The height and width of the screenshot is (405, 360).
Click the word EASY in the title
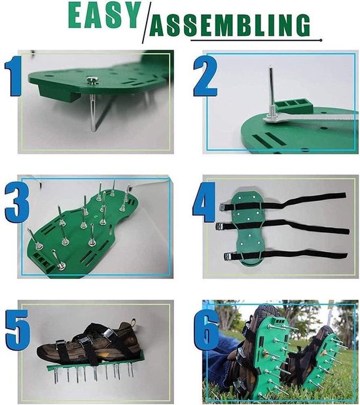[105, 15]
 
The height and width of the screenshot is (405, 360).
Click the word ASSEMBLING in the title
[230, 25]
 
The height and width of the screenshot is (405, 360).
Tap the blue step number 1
[13, 76]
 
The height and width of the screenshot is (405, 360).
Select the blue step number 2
[205, 76]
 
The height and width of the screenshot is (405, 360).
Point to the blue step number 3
[16, 203]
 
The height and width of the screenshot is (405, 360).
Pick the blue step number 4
[204, 202]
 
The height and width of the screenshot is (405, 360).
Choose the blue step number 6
[206, 330]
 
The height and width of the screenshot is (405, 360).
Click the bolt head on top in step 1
[92, 80]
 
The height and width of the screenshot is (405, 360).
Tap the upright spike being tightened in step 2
[272, 93]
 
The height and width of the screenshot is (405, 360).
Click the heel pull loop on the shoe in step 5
[133, 323]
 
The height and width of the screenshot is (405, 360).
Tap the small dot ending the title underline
[321, 40]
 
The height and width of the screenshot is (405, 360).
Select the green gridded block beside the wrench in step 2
[294, 106]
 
